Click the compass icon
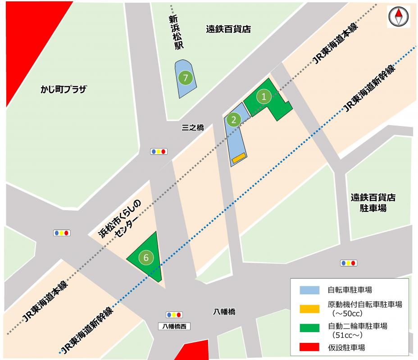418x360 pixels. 398,18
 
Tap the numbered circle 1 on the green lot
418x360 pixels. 264,96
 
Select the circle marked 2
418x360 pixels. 234,119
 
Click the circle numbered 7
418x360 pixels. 185,78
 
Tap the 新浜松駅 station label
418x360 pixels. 174,32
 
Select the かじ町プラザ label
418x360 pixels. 62,90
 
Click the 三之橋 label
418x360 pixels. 192,128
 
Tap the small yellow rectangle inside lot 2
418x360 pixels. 239,157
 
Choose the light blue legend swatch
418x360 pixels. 309,290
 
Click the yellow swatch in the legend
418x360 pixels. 309,308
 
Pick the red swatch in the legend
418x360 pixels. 309,347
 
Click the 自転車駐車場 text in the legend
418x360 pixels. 350,290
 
